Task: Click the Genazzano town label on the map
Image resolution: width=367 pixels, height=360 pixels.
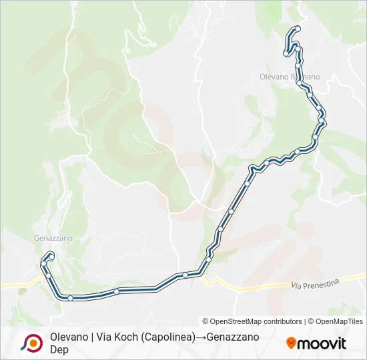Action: click(x=53, y=238)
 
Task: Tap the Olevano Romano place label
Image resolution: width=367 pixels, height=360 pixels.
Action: click(x=290, y=77)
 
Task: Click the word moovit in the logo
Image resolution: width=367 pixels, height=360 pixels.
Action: click(x=322, y=344)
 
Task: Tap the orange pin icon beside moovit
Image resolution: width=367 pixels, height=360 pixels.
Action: click(x=291, y=343)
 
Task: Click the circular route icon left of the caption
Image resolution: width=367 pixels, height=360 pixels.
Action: click(x=32, y=343)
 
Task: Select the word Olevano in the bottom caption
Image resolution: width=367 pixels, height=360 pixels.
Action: click(x=69, y=337)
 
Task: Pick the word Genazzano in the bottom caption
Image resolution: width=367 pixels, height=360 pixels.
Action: click(x=233, y=337)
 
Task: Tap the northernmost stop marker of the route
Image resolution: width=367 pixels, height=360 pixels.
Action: click(x=297, y=29)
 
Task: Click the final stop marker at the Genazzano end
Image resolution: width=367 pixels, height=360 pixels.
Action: click(x=51, y=256)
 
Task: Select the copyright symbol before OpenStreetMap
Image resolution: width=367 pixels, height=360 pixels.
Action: click(x=206, y=321)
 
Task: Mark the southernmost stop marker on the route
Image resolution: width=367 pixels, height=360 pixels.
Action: click(x=70, y=298)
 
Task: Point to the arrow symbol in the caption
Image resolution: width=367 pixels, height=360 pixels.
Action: click(x=200, y=337)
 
